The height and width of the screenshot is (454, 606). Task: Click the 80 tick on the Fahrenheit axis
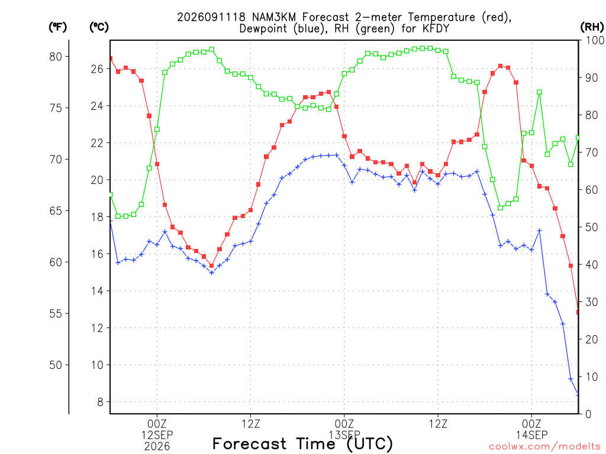pyautogui.click(x=56, y=57)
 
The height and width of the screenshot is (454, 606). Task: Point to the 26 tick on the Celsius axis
pyautogui.click(x=98, y=69)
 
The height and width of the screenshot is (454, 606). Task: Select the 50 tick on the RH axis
pyautogui.click(x=592, y=227)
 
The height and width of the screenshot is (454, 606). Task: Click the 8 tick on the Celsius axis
pyautogui.click(x=101, y=402)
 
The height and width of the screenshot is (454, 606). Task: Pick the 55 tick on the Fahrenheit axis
pyautogui.click(x=56, y=313)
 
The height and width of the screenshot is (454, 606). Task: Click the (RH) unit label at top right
pyautogui.click(x=592, y=27)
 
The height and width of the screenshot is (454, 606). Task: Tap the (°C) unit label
pyautogui.click(x=99, y=27)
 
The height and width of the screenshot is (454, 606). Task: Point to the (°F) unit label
pyautogui.click(x=57, y=27)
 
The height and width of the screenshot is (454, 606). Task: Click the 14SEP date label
pyautogui.click(x=532, y=435)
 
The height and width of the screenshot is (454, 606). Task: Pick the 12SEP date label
pyautogui.click(x=157, y=435)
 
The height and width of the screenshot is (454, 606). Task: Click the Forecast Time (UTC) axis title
pyautogui.click(x=302, y=444)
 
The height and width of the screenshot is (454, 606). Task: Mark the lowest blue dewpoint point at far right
pyautogui.click(x=578, y=395)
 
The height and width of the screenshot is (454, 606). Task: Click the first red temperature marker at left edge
pyautogui.click(x=111, y=59)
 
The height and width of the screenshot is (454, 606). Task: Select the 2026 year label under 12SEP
pyautogui.click(x=157, y=447)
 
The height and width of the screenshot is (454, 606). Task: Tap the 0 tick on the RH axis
pyautogui.click(x=588, y=414)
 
